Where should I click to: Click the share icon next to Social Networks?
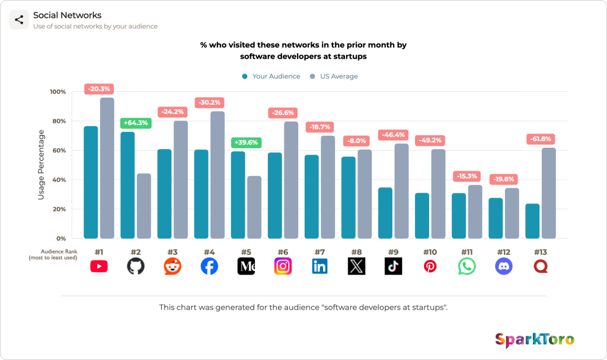(19, 20)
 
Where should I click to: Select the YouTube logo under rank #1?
(99, 266)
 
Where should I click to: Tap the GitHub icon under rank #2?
(136, 266)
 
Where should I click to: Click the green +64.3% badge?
(136, 123)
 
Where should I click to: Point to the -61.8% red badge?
(541, 139)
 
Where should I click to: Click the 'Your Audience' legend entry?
(271, 77)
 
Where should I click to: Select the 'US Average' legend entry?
(334, 77)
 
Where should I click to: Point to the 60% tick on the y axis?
(59, 151)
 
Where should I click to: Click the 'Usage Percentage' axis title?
(41, 165)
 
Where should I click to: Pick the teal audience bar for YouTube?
(91, 182)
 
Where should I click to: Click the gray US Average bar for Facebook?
(218, 175)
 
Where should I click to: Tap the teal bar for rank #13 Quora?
(532, 221)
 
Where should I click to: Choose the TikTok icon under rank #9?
(394, 266)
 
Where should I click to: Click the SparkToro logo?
(535, 340)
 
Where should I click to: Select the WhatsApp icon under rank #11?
(467, 266)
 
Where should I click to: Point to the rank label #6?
(283, 252)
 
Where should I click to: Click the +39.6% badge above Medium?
(246, 142)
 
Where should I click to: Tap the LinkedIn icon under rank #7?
(320, 266)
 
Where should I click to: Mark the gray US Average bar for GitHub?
(144, 206)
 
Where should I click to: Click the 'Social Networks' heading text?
(68, 15)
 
